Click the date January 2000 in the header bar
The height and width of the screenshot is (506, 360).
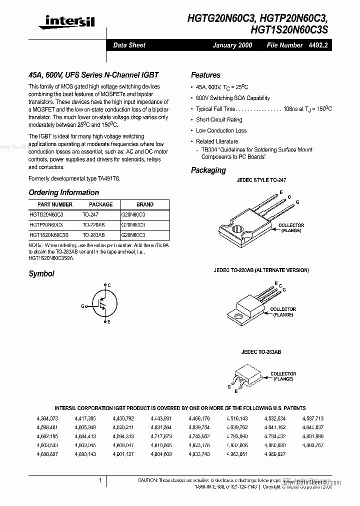pyautogui.click(x=232, y=45)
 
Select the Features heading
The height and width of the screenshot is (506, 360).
pyautogui.click(x=205, y=75)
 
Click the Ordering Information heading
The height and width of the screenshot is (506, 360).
pyautogui.click(x=63, y=192)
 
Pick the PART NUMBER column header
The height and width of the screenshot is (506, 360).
pyautogui.click(x=55, y=204)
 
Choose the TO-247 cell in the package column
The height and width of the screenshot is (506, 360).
pyautogui.click(x=90, y=214)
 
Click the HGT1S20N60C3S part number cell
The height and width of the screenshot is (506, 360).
pyautogui.click(x=48, y=234)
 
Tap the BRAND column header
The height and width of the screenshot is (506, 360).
pyautogui.click(x=144, y=204)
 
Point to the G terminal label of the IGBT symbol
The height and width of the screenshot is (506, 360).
pyautogui.click(x=82, y=306)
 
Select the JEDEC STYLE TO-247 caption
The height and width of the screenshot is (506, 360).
pyautogui.click(x=261, y=180)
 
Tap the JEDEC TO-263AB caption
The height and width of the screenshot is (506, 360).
pyautogui.click(x=261, y=352)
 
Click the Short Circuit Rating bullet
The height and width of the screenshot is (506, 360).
pyautogui.click(x=218, y=119)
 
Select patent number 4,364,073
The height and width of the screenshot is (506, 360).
pyautogui.click(x=47, y=418)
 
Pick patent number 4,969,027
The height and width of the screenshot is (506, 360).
pyautogui.click(x=275, y=454)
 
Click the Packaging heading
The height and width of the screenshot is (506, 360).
pyautogui.click(x=208, y=170)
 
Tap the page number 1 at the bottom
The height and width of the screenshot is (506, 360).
pyautogui.click(x=100, y=480)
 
